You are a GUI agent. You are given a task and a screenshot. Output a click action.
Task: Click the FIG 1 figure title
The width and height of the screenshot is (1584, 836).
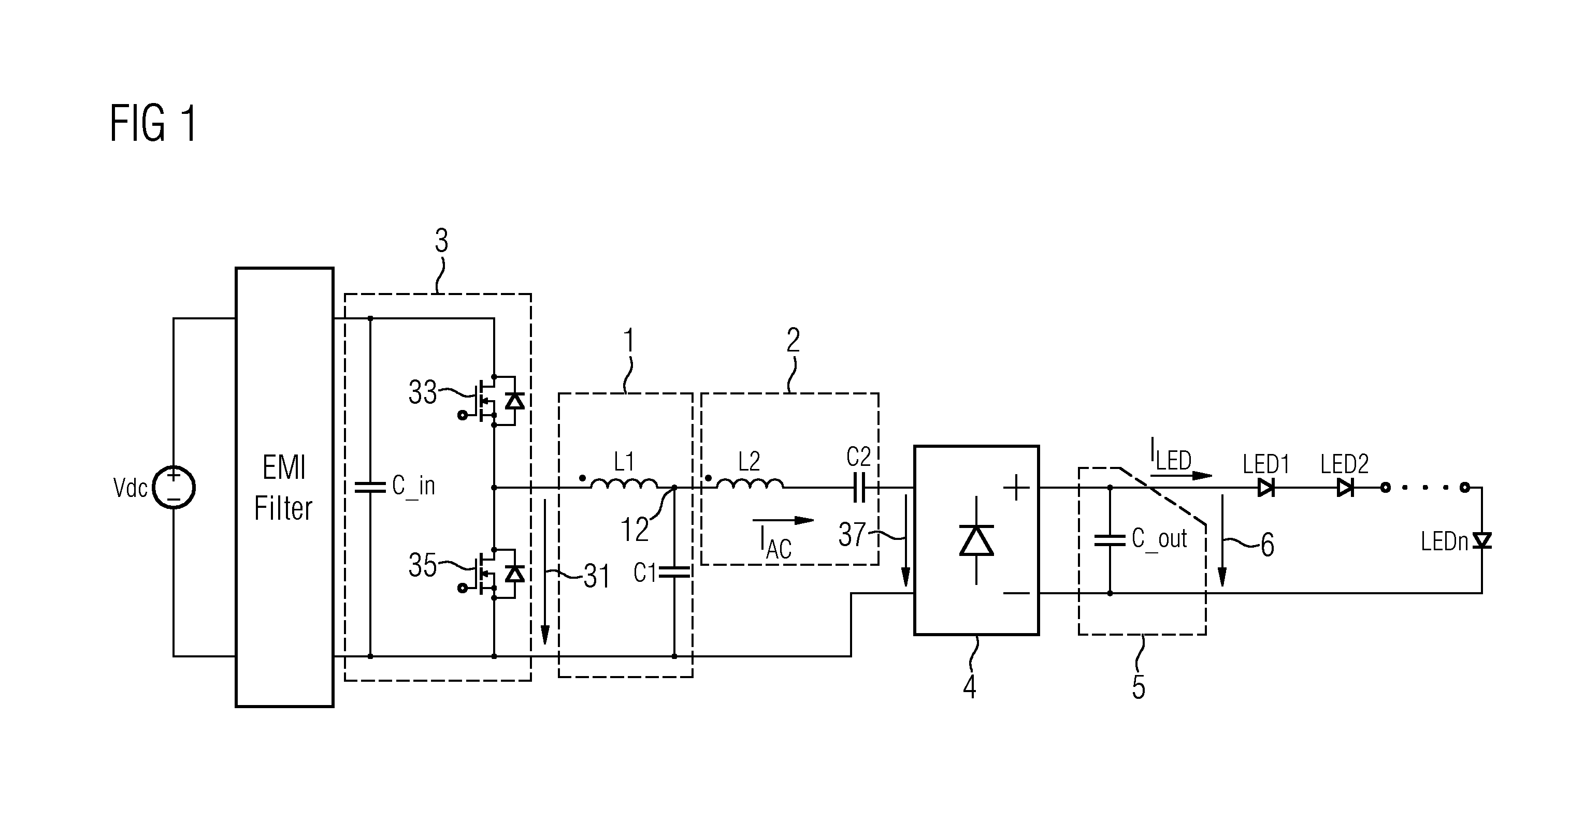pos(154,124)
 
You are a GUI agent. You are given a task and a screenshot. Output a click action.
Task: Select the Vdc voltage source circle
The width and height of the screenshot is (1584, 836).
pos(174,488)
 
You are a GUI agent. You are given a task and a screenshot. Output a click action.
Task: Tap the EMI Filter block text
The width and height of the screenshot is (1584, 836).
pos(283,488)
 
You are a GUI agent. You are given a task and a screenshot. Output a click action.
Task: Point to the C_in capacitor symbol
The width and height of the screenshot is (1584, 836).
pos(370,488)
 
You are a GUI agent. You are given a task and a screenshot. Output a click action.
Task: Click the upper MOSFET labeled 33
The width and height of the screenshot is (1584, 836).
pos(492,400)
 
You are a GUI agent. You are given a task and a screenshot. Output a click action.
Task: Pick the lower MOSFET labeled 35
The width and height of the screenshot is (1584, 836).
pos(492,573)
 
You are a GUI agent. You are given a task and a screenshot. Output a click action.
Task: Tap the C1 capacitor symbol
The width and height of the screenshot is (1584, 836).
pos(674,573)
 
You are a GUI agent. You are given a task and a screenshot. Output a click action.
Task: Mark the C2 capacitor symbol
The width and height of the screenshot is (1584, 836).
pos(859,488)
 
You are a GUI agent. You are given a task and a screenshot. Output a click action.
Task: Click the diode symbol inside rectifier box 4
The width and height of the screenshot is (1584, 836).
pos(976,541)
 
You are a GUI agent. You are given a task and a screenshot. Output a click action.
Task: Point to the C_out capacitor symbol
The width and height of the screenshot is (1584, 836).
pos(1110,540)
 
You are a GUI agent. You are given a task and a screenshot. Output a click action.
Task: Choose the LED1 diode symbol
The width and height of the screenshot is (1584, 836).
pos(1265,488)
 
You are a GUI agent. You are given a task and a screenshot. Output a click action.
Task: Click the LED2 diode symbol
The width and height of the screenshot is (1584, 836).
pos(1345,488)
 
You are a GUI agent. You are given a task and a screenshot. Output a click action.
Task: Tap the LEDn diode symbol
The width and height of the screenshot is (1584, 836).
pos(1482,541)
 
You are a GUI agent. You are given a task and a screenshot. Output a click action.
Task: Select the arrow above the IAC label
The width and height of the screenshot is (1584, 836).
pos(783,520)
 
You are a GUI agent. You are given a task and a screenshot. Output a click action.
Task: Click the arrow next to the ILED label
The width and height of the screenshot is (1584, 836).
pos(1180,475)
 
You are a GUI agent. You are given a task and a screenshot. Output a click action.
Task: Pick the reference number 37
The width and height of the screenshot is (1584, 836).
pos(852,535)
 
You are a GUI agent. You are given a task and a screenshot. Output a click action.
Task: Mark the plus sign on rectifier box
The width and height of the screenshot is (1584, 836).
pos(1016,488)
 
